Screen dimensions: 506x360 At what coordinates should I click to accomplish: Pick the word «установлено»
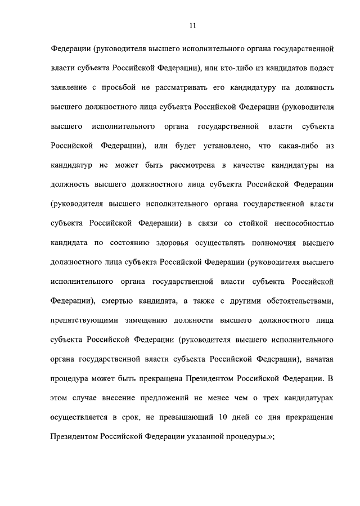pos(222,146)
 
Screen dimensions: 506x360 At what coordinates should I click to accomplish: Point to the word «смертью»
pos(122,301)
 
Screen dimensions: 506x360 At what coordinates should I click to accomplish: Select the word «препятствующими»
pos(83,321)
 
